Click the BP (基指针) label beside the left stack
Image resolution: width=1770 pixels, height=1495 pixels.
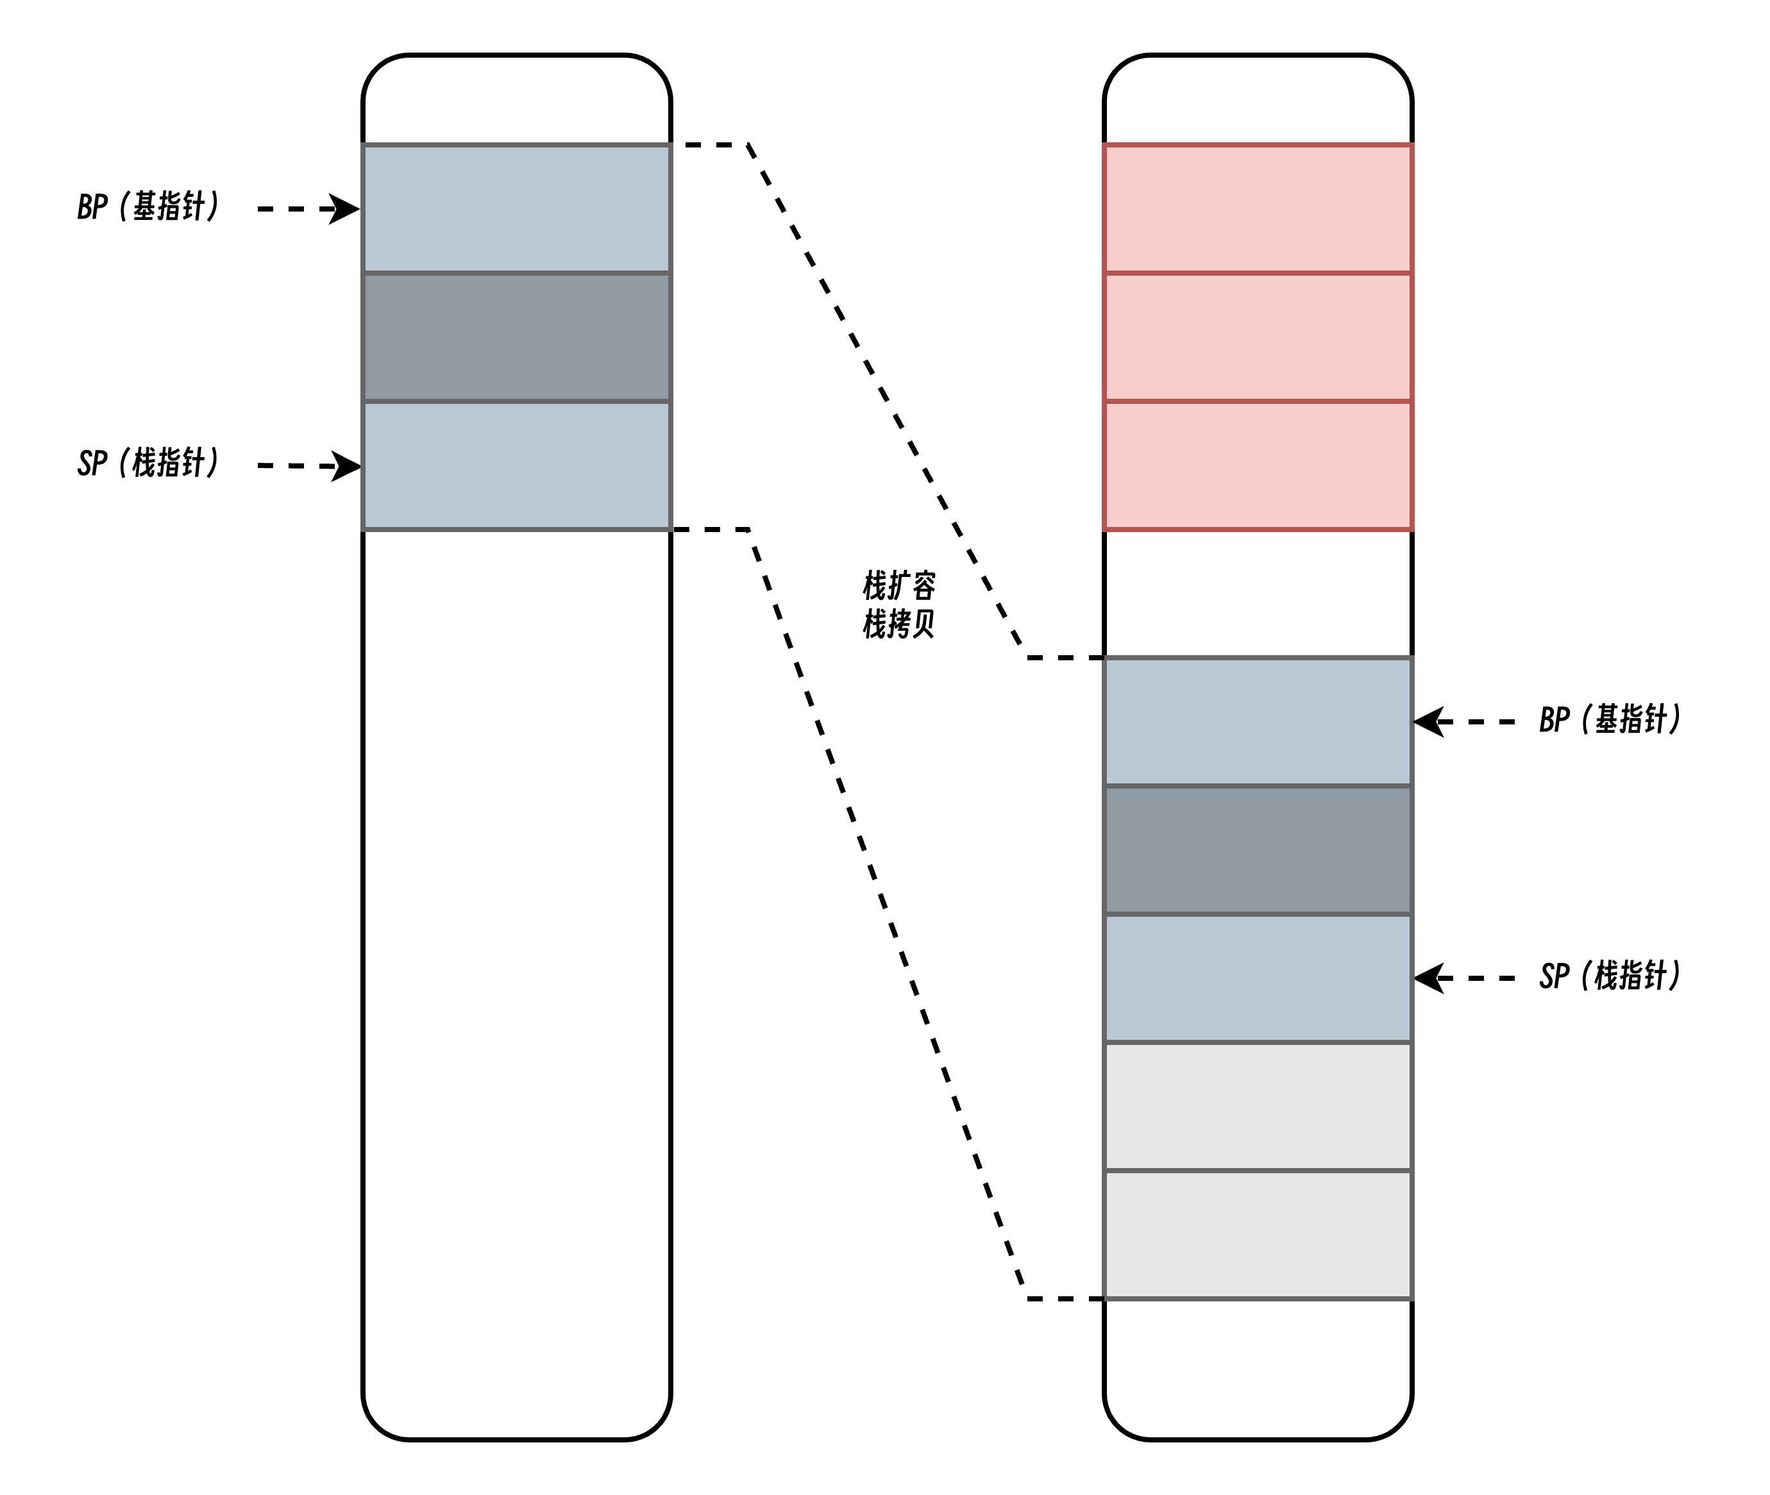[148, 207]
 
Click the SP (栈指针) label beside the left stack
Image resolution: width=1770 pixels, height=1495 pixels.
[148, 464]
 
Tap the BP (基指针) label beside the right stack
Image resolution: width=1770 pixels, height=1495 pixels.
[1610, 719]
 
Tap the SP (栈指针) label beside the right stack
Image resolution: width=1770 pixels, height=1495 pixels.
[1610, 976]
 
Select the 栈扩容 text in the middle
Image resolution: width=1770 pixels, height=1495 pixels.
[899, 585]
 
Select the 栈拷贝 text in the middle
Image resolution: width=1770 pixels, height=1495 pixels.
[899, 624]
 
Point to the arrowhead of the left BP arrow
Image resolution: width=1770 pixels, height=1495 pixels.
[346, 208]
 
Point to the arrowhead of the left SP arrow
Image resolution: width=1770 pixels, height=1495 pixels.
[346, 466]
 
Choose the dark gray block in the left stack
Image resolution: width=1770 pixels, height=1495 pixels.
[517, 337]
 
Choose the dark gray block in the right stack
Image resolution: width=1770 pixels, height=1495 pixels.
[1258, 850]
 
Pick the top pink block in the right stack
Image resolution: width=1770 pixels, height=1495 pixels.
[1258, 208]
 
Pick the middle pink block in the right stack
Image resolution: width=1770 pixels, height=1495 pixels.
[1258, 337]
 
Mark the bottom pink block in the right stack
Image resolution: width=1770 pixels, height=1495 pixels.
[1258, 466]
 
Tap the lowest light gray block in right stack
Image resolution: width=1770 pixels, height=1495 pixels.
[1258, 1235]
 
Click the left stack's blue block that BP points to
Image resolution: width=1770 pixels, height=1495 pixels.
[517, 208]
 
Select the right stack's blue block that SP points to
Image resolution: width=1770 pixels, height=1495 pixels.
[1258, 978]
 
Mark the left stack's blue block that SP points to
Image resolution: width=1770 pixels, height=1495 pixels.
[517, 466]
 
